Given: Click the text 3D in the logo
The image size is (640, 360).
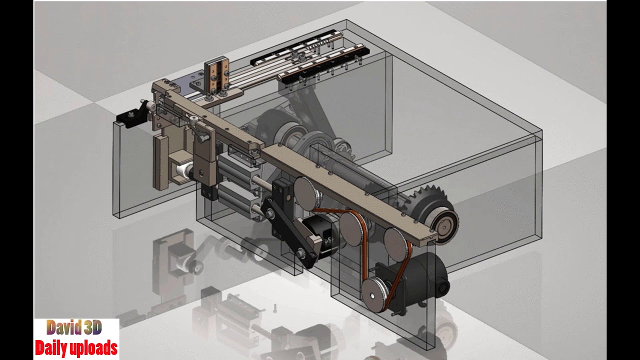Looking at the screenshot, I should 93,328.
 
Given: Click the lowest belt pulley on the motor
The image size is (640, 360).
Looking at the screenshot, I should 374,295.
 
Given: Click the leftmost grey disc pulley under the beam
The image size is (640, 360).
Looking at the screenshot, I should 305,191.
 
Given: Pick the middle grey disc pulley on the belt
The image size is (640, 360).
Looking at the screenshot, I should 352,228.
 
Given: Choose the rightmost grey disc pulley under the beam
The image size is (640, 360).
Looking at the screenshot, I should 396,242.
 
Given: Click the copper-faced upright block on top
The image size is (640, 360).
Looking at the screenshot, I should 217,76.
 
